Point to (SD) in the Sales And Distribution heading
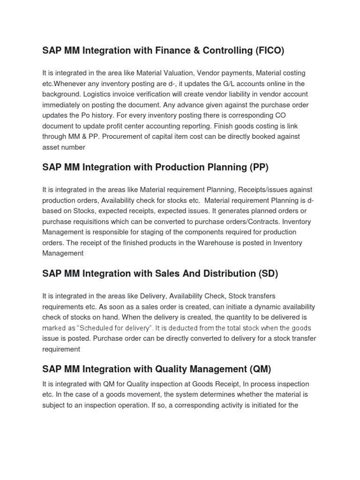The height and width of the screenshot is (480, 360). point(268,274)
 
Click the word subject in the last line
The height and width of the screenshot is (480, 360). point(55,405)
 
